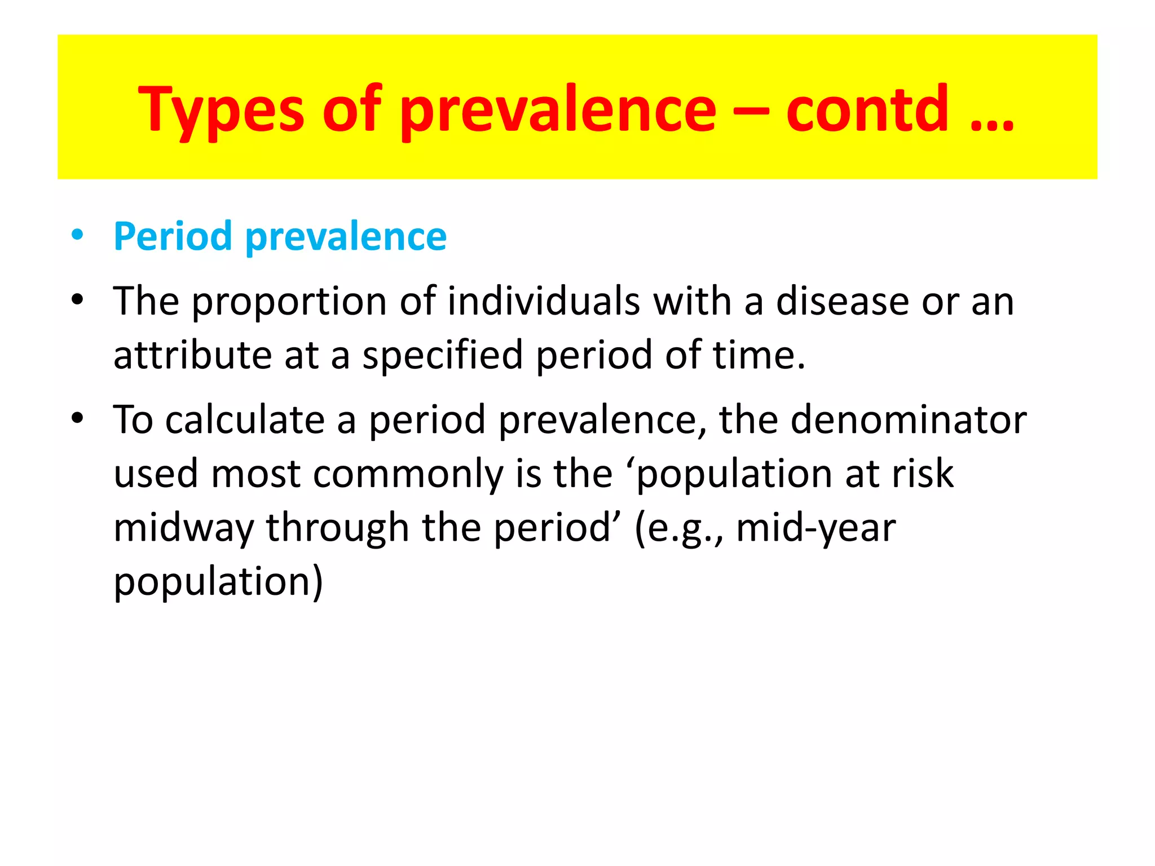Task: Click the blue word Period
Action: (x=173, y=236)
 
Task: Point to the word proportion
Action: (x=289, y=302)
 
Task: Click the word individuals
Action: (x=544, y=301)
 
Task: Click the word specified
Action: (x=443, y=355)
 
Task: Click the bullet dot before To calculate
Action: (x=77, y=418)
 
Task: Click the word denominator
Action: (x=908, y=420)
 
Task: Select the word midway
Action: (x=183, y=528)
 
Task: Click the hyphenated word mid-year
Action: (x=815, y=528)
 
